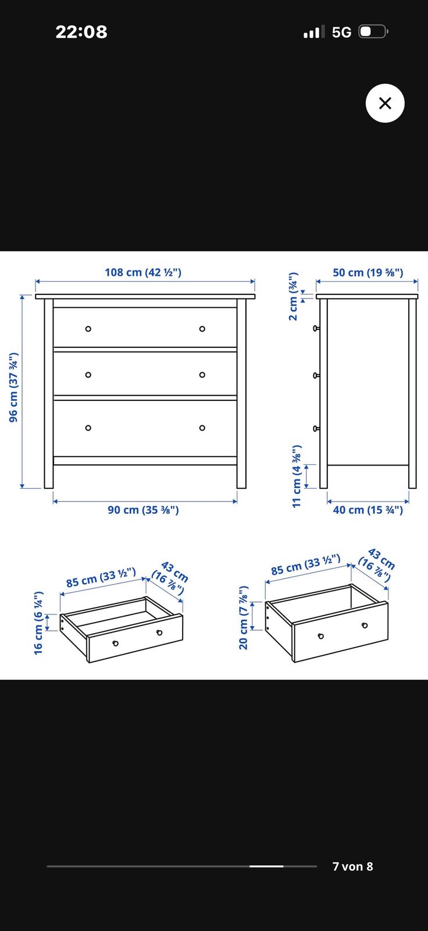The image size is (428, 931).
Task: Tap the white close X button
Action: pyautogui.click(x=385, y=103)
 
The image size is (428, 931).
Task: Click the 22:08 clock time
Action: pyautogui.click(x=81, y=32)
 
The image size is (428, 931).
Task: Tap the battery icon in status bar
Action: pyautogui.click(x=373, y=31)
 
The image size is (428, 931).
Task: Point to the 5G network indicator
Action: pyautogui.click(x=341, y=32)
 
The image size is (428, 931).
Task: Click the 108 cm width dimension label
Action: pyautogui.click(x=143, y=272)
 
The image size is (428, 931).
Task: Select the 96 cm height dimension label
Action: pyautogui.click(x=14, y=388)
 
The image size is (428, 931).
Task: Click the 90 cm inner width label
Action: pyautogui.click(x=143, y=510)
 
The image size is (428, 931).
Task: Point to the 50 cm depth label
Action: pyautogui.click(x=368, y=272)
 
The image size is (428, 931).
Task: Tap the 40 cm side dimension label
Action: pyautogui.click(x=368, y=510)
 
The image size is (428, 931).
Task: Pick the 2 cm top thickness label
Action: pyautogui.click(x=293, y=296)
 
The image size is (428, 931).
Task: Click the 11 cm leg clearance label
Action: pyautogui.click(x=296, y=476)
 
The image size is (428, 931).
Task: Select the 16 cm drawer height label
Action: pyautogui.click(x=38, y=623)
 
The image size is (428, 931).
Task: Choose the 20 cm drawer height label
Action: pyautogui.click(x=244, y=617)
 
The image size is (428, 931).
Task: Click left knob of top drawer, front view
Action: pyautogui.click(x=88, y=329)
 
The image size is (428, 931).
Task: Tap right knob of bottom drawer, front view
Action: pyautogui.click(x=202, y=428)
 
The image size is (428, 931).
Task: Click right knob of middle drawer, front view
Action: pyautogui.click(x=202, y=375)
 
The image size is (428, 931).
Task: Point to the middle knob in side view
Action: pyautogui.click(x=316, y=375)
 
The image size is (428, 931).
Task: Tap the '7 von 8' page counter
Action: pyautogui.click(x=353, y=866)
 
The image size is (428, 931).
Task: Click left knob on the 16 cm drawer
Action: pyautogui.click(x=116, y=644)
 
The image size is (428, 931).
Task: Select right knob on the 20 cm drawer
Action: pyautogui.click(x=365, y=626)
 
